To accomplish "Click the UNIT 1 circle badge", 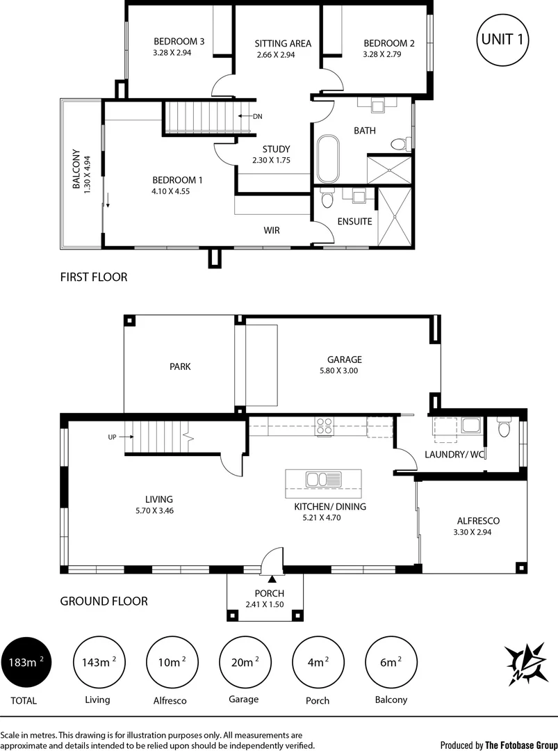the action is click(x=502, y=40).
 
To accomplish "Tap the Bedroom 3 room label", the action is click(x=179, y=42).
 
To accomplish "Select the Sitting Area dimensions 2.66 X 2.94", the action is click(x=276, y=55).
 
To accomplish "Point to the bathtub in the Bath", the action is click(x=328, y=159).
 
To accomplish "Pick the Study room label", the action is click(x=276, y=150).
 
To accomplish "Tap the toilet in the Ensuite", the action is click(x=327, y=198).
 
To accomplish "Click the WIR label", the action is click(x=271, y=230).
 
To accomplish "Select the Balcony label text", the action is click(x=76, y=168).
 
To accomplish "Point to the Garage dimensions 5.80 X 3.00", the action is click(x=339, y=371).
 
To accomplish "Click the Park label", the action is click(x=180, y=367).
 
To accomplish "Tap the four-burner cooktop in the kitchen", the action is click(x=324, y=426).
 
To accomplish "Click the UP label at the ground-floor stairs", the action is click(x=112, y=437).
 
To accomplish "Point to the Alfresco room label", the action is click(x=478, y=521).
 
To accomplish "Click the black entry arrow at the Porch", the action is click(x=272, y=579).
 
